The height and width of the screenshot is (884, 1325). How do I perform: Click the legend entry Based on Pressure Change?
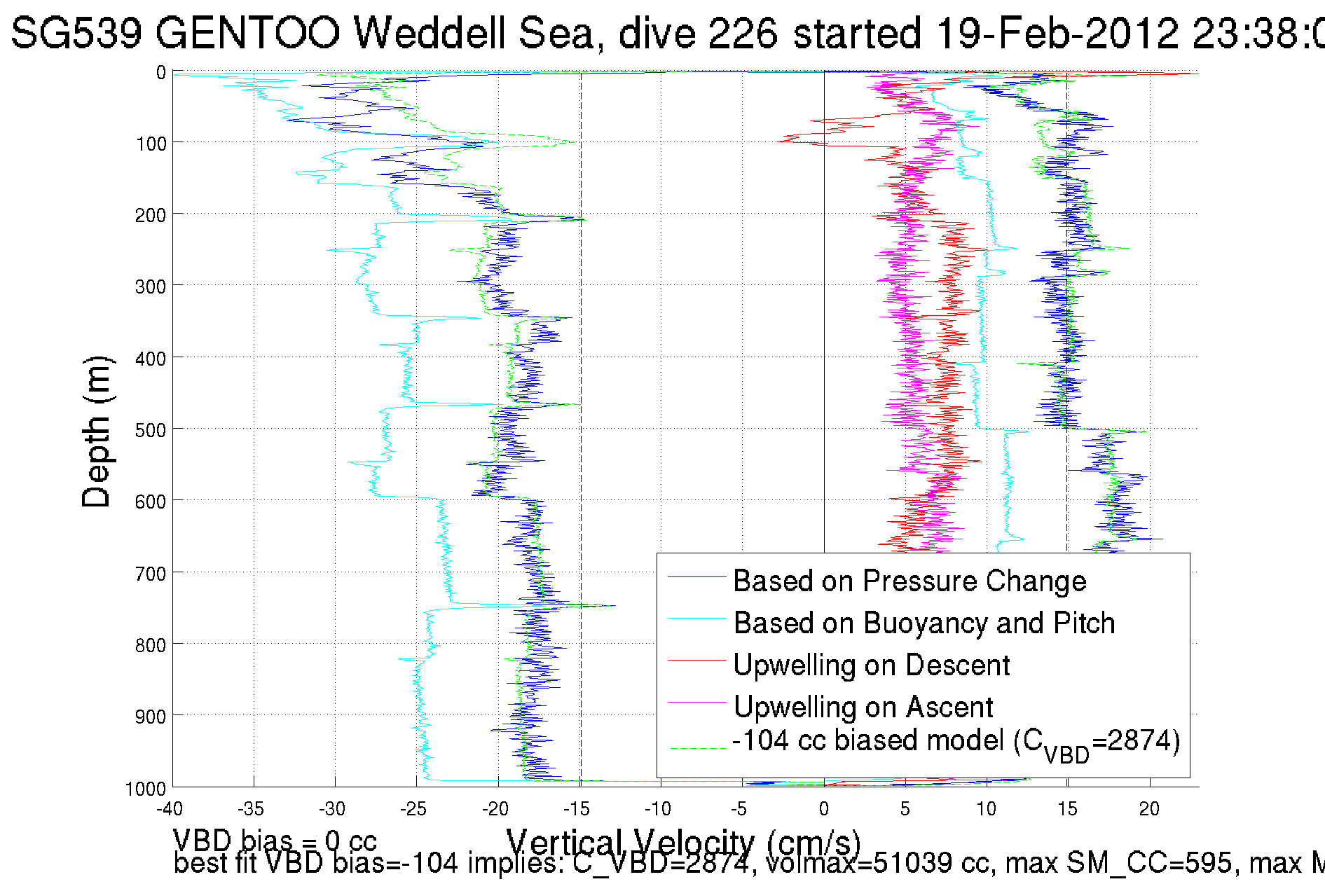[x=909, y=581]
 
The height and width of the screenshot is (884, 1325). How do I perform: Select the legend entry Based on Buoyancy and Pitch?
[x=924, y=623]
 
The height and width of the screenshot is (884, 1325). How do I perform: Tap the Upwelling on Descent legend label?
[x=871, y=665]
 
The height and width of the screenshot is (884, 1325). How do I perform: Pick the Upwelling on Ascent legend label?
[x=863, y=707]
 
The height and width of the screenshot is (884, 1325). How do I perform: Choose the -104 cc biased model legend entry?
[x=956, y=742]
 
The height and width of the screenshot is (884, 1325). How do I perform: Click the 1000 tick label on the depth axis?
[x=145, y=789]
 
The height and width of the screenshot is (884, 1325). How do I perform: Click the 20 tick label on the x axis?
[x=1149, y=809]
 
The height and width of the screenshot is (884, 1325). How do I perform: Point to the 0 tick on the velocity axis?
[x=823, y=809]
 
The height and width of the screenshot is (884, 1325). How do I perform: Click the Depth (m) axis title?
[x=97, y=431]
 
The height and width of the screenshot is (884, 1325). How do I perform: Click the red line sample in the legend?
[x=696, y=660]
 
